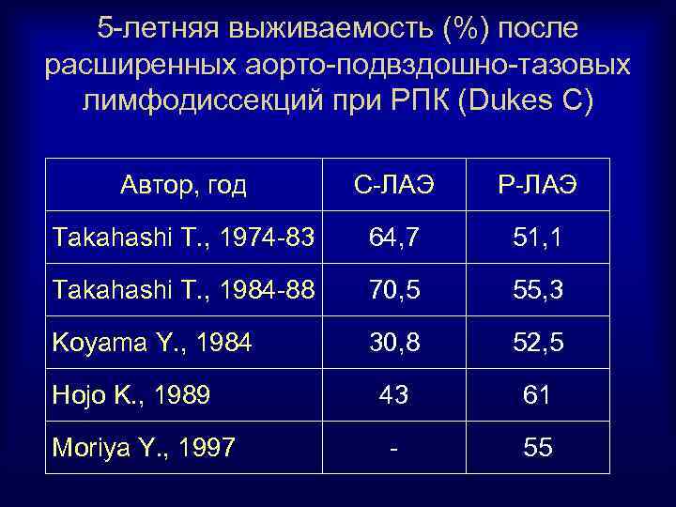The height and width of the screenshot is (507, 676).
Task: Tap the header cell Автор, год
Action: (184, 186)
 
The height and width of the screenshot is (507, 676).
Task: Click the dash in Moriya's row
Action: (393, 449)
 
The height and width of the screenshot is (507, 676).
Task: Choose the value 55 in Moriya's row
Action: (538, 449)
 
